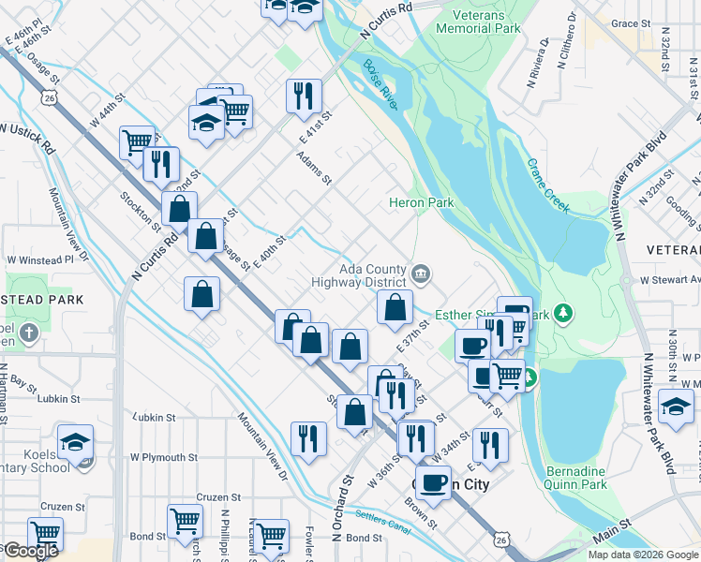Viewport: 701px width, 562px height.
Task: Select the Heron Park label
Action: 422,202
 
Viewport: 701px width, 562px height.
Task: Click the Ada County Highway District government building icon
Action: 422,274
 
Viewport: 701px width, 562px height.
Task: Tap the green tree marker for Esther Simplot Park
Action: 562,312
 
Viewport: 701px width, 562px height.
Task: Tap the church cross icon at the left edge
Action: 29,333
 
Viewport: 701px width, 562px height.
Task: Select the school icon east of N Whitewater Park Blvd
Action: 676,407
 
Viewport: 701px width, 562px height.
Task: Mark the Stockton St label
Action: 140,209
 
